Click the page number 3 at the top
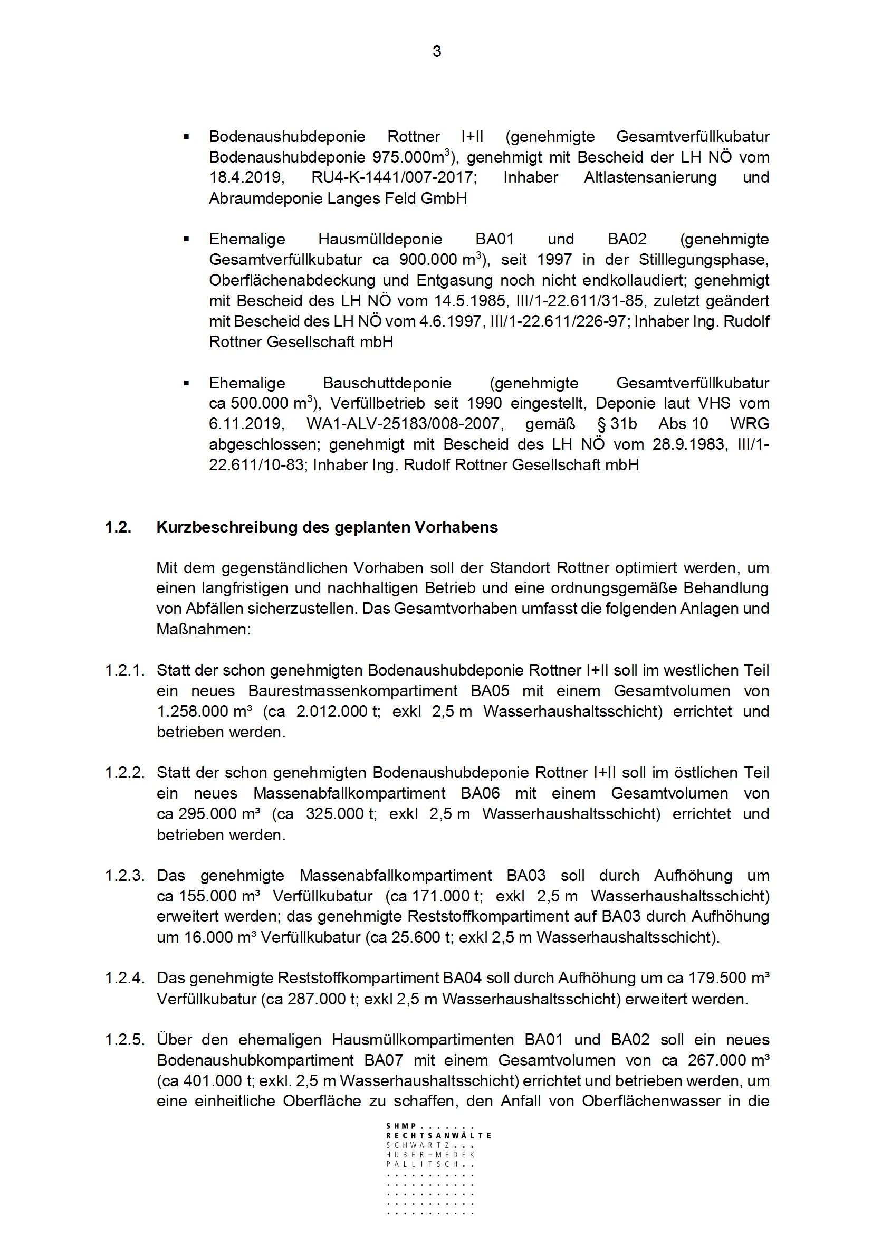[437, 52]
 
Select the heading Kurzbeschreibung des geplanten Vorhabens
[327, 527]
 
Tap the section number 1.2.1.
[124, 670]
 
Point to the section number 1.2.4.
[124, 978]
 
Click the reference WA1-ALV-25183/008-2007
[405, 423]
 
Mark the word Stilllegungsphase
[703, 260]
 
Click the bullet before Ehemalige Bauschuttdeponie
[186, 383]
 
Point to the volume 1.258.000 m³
[205, 711]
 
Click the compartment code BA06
[480, 793]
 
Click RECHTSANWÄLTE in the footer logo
[438, 1136]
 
